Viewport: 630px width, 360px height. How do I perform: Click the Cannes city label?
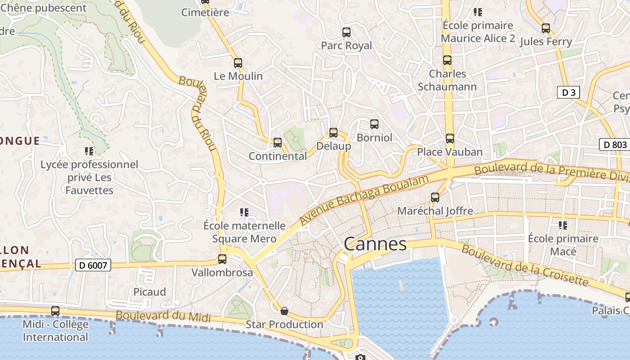[x=375, y=244]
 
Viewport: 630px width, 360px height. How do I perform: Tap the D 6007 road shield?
[x=93, y=265]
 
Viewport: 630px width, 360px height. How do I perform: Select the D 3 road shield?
[x=568, y=93]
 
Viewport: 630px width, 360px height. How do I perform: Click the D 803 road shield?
[x=614, y=144]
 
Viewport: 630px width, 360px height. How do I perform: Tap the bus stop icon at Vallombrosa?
[x=222, y=259]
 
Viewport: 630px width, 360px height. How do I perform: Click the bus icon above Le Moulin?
[x=238, y=63]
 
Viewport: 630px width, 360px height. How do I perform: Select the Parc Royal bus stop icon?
[x=346, y=32]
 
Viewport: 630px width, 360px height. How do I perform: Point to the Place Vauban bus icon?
[x=450, y=139]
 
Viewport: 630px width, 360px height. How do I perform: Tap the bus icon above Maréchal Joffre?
[x=435, y=197]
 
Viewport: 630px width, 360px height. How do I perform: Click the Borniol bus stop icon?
[x=374, y=124]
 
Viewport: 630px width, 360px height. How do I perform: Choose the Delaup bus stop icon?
[x=333, y=133]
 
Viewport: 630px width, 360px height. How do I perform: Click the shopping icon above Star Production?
[x=284, y=311]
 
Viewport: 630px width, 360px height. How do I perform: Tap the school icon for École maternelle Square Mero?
[x=244, y=212]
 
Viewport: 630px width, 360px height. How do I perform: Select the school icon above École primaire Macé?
[x=562, y=225]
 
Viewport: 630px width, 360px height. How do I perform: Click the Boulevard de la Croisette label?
[x=525, y=265]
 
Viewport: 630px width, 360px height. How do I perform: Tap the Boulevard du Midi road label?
[x=163, y=316]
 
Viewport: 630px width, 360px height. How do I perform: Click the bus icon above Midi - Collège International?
[x=55, y=310]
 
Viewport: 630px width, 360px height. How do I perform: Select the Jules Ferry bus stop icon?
[x=545, y=28]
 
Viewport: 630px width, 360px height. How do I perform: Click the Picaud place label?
[x=149, y=292]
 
